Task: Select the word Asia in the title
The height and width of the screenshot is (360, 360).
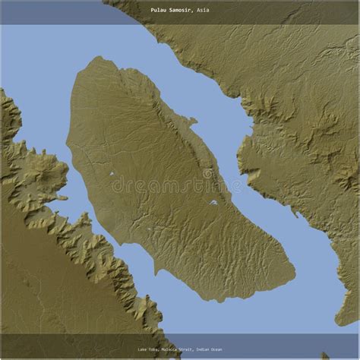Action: pos(203,11)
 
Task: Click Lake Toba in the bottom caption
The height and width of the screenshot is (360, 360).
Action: pos(147,349)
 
